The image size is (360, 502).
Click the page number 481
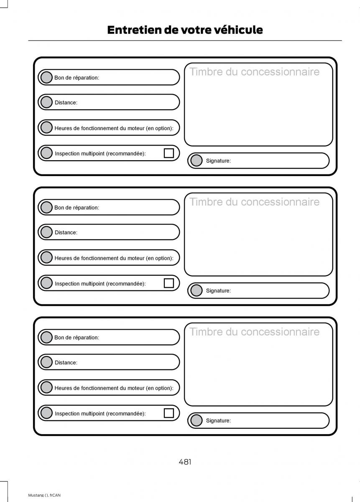pyautogui.click(x=185, y=462)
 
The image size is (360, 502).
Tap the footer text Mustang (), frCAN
pyautogui.click(x=44, y=495)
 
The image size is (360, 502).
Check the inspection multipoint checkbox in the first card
pyautogui.click(x=169, y=153)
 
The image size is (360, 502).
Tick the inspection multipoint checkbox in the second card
pyautogui.click(x=169, y=283)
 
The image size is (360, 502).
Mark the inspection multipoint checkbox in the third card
pyautogui.click(x=169, y=413)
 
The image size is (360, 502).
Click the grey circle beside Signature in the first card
pyautogui.click(x=196, y=160)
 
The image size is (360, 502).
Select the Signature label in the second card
pyautogui.click(x=218, y=291)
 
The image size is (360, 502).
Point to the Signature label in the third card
pyautogui.click(x=218, y=421)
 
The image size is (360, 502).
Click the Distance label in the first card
pyautogui.click(x=66, y=103)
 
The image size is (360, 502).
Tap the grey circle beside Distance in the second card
pyautogui.click(x=46, y=232)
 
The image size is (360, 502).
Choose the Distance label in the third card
pyautogui.click(x=66, y=363)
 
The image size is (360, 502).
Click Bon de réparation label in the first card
pyautogui.click(x=77, y=78)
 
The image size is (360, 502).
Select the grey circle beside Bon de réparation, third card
pyautogui.click(x=46, y=337)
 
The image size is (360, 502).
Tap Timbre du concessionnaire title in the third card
pyautogui.click(x=254, y=332)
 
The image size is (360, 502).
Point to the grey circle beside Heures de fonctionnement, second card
pyautogui.click(x=46, y=258)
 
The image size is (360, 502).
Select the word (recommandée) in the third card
pyautogui.click(x=126, y=413)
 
